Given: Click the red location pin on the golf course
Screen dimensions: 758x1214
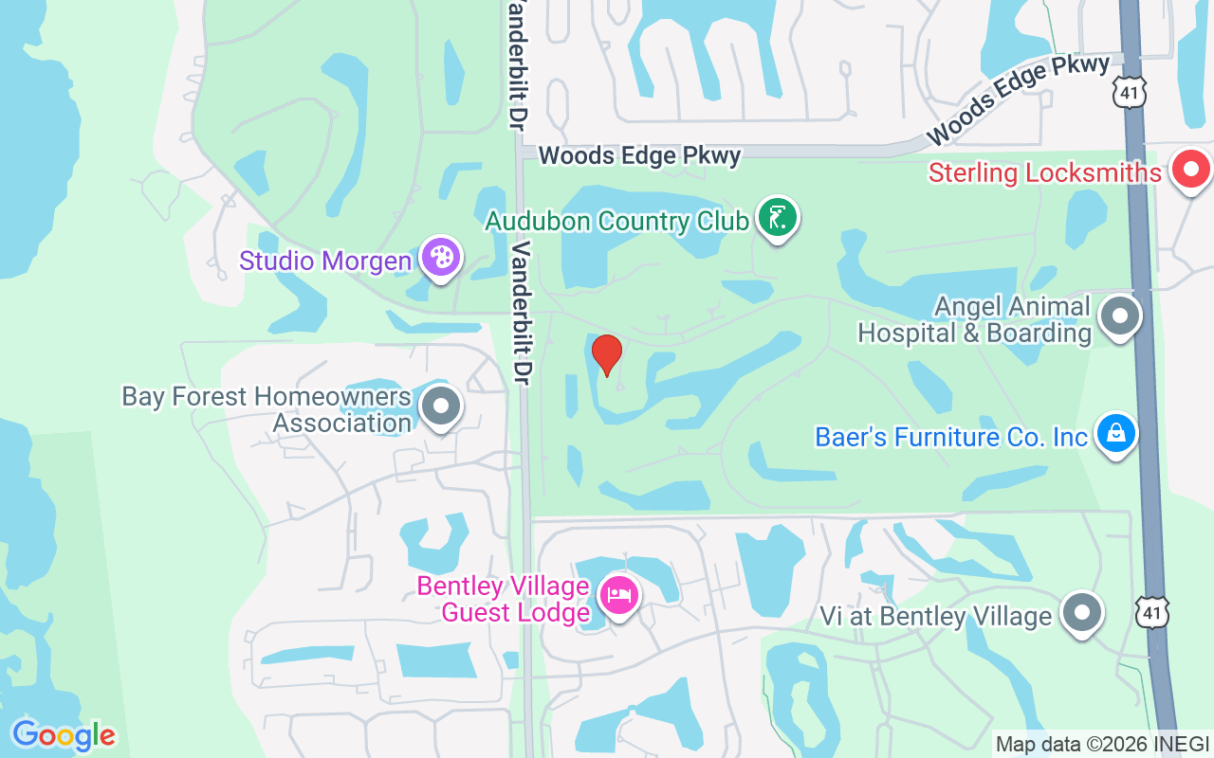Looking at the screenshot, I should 606,354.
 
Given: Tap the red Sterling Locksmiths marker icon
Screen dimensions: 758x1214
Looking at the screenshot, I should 1191,171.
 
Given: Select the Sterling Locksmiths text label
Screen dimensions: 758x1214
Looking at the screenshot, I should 1045,173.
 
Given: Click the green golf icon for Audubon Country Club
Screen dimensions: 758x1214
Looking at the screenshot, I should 778,219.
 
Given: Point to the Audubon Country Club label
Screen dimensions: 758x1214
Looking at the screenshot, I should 616,222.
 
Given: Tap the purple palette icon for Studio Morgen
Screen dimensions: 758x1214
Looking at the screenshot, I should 440,257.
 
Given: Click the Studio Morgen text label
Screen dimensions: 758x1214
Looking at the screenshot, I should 325,261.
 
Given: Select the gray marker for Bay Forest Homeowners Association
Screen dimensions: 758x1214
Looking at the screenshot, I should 440,407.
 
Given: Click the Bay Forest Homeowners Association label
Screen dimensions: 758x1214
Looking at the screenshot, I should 267,409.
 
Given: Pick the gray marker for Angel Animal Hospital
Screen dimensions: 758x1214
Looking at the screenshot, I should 1120,316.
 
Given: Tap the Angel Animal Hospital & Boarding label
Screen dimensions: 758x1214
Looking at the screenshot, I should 975,319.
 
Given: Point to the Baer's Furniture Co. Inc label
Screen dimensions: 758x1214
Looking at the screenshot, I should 951,437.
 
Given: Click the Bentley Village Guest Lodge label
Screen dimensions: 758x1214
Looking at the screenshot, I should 504,600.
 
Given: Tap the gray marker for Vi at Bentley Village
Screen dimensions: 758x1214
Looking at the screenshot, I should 1081,613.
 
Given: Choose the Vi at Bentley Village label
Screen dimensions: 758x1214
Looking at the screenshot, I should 936,617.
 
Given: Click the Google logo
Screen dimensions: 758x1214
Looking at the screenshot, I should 64,735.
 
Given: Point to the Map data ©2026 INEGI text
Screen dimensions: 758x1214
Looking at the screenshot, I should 1102,744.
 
